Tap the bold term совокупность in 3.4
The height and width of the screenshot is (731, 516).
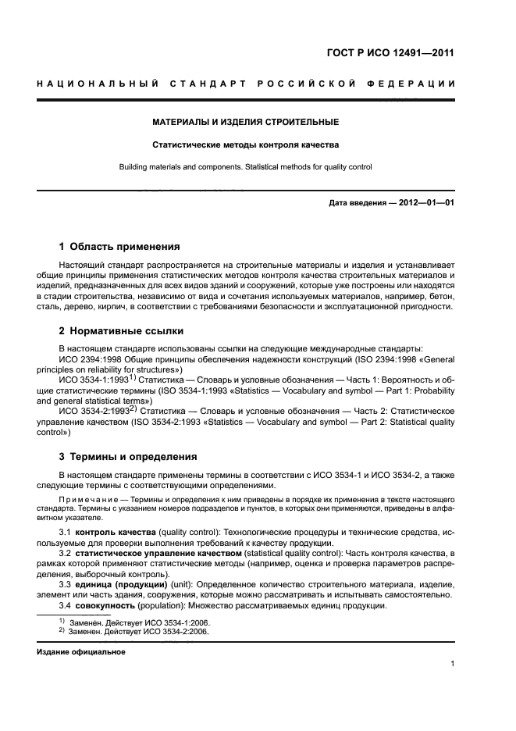point(105,606)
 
